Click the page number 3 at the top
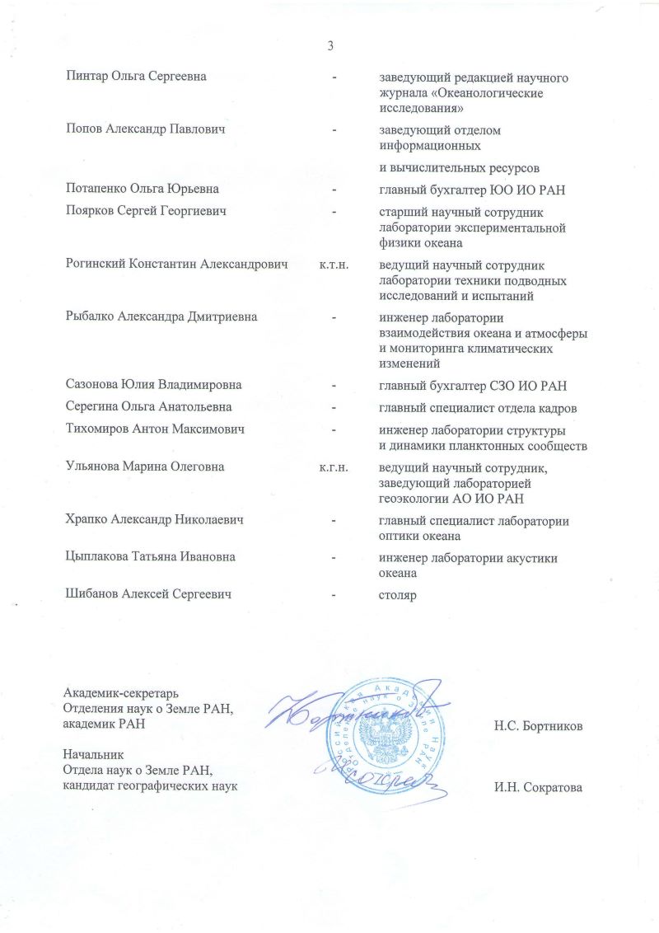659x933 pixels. pos(329,45)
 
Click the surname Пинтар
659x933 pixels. pos(86,77)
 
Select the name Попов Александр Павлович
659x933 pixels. pos(146,130)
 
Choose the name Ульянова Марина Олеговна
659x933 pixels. pos(145,467)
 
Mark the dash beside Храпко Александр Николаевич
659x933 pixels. pos(334,521)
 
